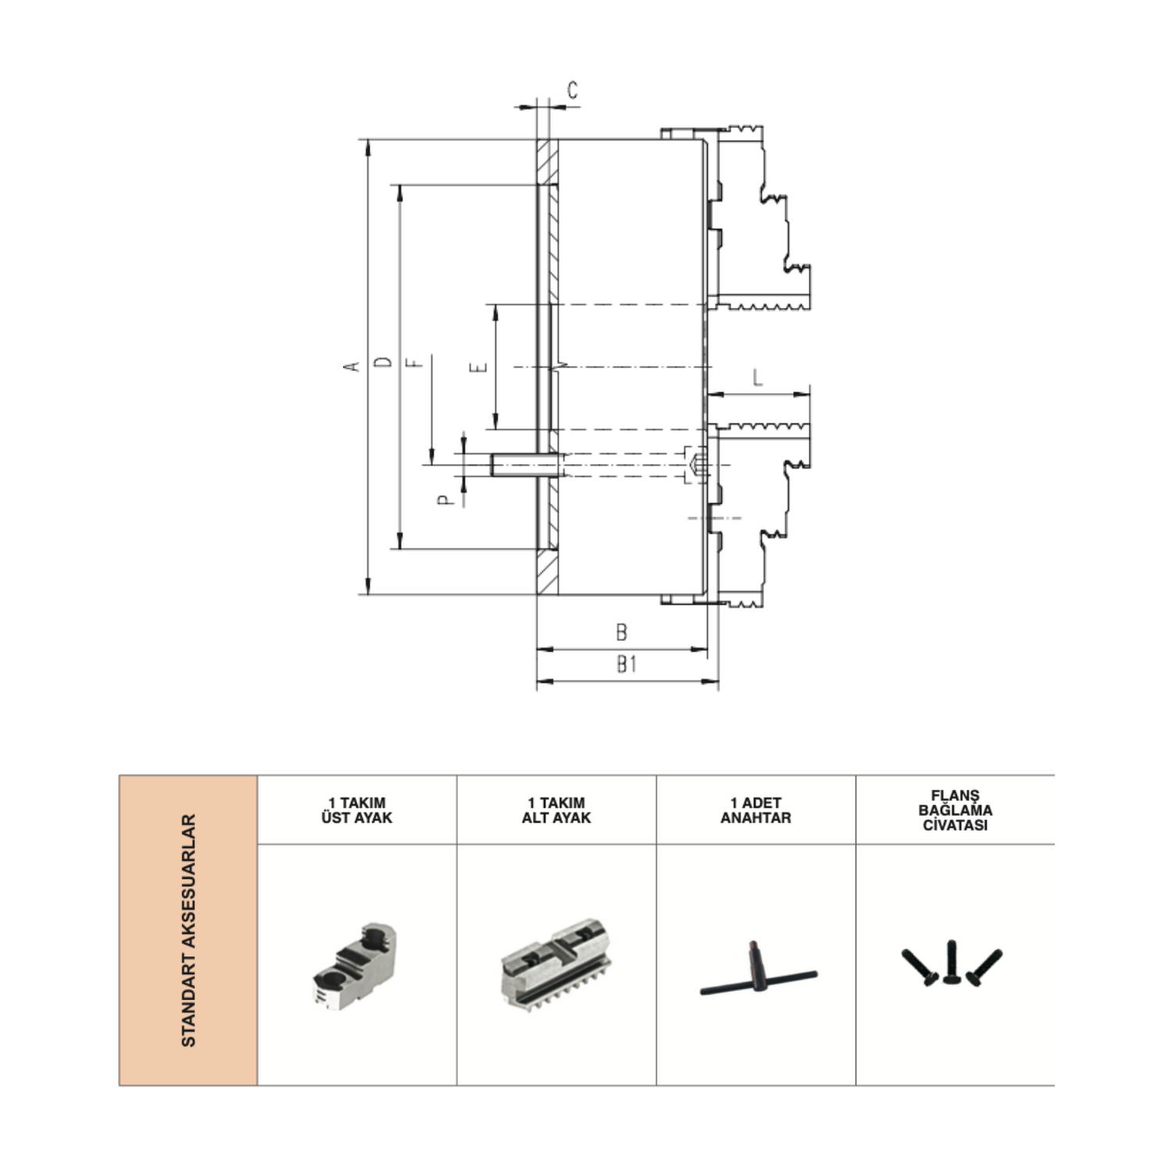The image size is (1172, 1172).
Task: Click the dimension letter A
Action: tap(354, 366)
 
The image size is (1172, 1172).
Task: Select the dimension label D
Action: tap(384, 363)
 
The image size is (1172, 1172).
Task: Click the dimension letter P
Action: tap(445, 499)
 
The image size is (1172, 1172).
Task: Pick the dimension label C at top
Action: tap(573, 91)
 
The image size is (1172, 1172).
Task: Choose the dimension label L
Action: tap(757, 378)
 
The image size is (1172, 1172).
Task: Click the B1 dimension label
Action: tap(627, 663)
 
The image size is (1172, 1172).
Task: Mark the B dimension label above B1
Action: tap(622, 631)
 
